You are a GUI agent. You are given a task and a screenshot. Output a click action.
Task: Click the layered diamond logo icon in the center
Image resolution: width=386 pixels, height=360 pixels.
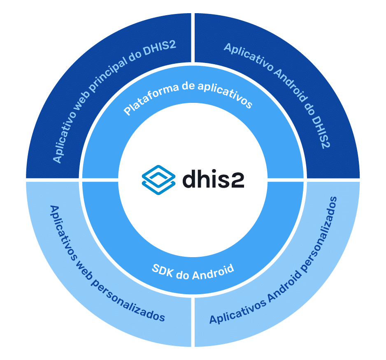tap(158, 180)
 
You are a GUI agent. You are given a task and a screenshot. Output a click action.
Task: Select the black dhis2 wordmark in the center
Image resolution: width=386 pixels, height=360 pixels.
tap(213, 179)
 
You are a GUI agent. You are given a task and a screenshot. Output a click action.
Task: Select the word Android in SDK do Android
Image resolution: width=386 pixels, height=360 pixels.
tap(213, 272)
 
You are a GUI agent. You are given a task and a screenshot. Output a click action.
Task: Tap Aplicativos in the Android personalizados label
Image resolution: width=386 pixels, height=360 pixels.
tap(238, 311)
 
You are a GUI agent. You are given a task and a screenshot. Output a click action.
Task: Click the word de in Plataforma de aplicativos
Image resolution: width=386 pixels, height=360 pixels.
tap(188, 86)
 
